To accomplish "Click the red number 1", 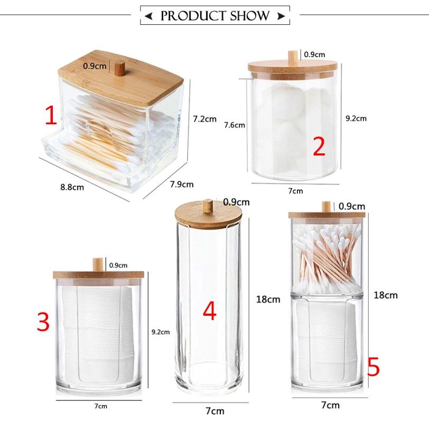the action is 51,116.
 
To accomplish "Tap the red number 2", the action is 319,146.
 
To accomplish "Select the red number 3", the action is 43,322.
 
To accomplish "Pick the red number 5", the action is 374,366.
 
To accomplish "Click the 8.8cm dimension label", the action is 72,187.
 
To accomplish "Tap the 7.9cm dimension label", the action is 182,185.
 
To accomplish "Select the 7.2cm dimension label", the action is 204,119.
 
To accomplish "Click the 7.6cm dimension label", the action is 235,125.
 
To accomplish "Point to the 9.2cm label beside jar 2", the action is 356,118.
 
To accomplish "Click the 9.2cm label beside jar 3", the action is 161,332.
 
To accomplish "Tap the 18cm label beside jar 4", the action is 268,299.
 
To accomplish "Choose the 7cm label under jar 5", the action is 330,405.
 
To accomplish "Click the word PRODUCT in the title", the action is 193,16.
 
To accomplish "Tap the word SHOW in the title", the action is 249,16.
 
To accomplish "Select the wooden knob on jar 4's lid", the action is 208,205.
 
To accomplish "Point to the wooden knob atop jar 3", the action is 98,265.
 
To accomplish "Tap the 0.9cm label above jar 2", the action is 315,54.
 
